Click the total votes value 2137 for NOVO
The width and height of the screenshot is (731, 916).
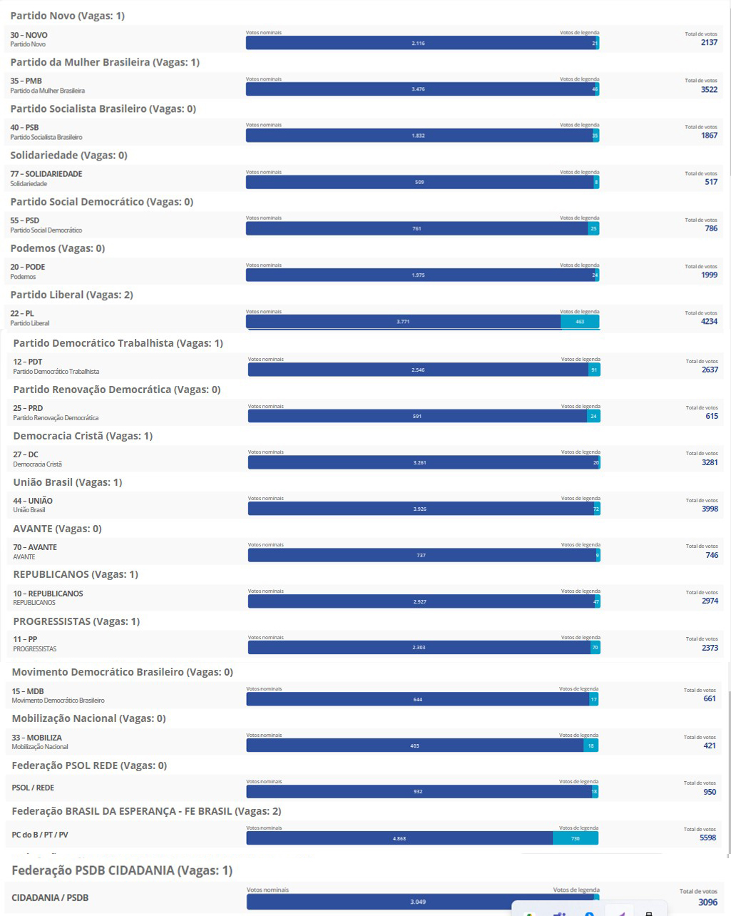[709, 43]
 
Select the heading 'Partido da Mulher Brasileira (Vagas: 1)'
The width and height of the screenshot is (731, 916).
[105, 63]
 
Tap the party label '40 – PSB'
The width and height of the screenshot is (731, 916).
[25, 128]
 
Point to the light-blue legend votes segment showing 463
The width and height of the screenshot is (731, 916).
[580, 322]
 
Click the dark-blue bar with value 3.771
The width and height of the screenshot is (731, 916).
[403, 322]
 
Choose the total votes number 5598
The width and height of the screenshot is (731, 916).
[707, 838]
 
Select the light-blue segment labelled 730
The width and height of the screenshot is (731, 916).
[575, 838]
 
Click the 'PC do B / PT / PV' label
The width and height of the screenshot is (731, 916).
[40, 835]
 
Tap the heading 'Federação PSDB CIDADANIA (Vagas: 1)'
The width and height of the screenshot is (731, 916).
[122, 870]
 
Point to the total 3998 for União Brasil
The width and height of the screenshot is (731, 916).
[710, 509]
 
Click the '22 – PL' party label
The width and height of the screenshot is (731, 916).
[22, 314]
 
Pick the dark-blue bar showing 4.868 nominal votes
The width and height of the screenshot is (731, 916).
[399, 838]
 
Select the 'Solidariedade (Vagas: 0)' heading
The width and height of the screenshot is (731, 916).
[68, 156]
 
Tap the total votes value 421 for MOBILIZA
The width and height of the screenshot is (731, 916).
[709, 745]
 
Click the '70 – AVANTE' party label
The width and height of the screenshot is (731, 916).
[35, 547]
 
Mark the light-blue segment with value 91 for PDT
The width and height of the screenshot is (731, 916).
[593, 370]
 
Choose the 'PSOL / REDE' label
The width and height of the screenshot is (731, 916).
[33, 788]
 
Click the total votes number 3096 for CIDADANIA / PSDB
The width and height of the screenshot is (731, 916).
[707, 902]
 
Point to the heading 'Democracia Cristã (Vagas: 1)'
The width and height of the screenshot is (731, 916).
[83, 436]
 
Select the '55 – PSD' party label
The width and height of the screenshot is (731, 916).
[25, 220]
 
